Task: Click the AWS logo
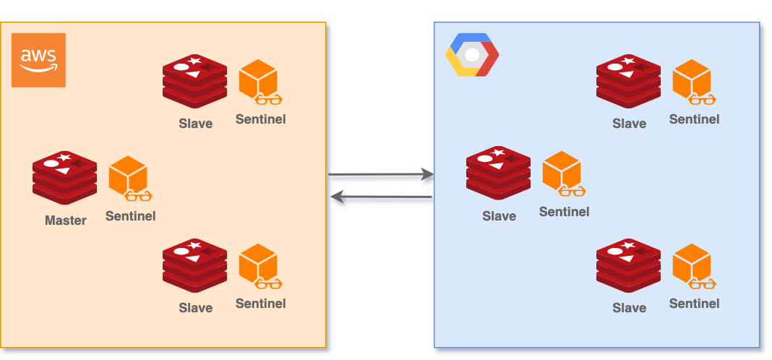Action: [38, 60]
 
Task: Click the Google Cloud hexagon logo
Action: [472, 55]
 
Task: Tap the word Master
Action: [66, 220]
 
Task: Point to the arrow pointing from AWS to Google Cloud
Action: [380, 175]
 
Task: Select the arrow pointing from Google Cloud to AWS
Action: [382, 199]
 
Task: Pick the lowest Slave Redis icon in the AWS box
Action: [195, 266]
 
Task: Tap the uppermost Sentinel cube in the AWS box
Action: [259, 80]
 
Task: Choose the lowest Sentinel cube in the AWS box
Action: [259, 265]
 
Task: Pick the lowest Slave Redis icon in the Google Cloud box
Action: [629, 266]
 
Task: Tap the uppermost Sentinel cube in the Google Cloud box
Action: [692, 80]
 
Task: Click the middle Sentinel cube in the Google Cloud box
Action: [562, 173]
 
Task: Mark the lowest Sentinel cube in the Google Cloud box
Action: [692, 265]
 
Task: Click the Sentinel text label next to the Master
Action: [130, 215]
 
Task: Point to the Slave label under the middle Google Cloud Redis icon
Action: [499, 216]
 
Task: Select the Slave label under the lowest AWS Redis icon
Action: [196, 308]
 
